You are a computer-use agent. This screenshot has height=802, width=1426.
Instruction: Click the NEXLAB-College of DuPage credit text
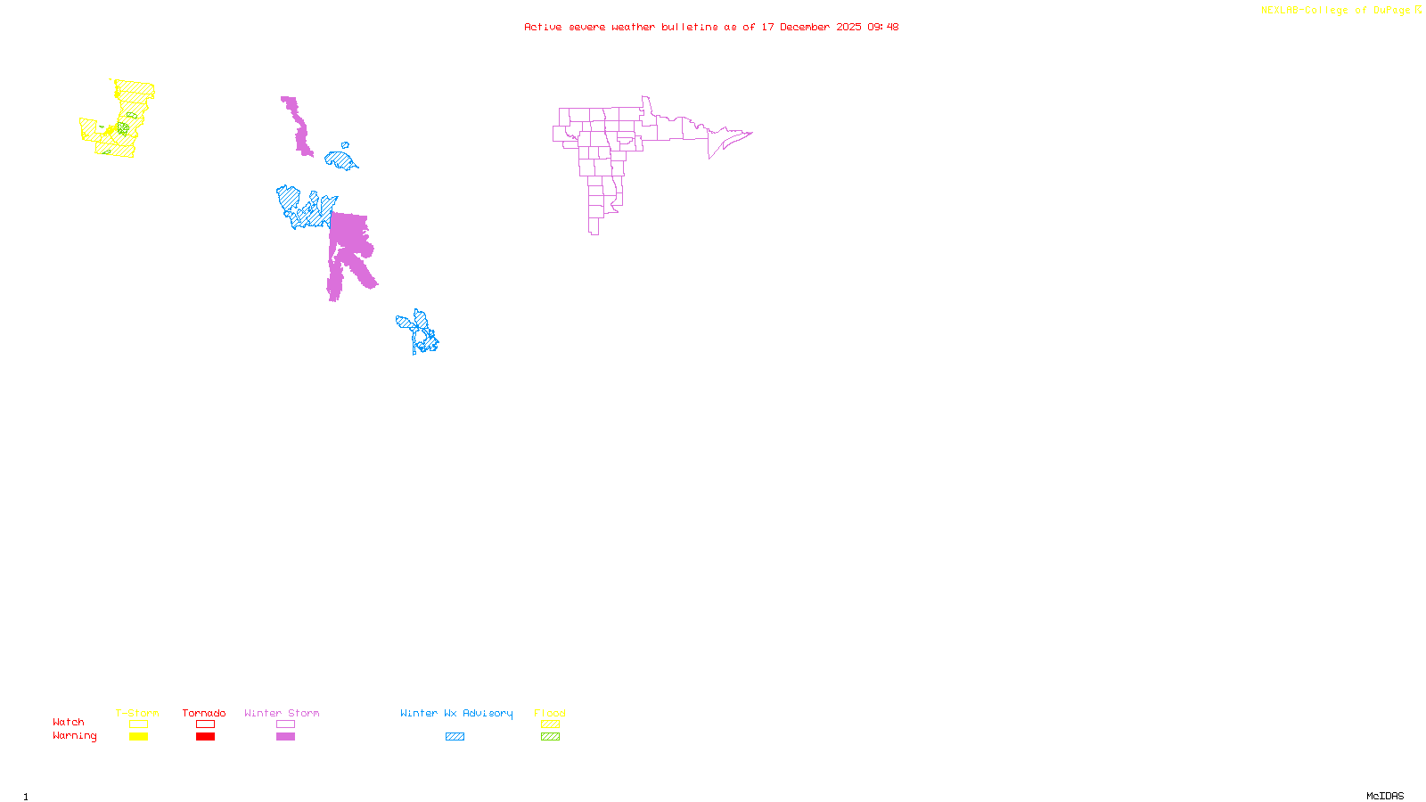coord(1335,11)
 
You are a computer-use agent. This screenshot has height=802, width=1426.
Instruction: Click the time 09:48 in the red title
coord(882,28)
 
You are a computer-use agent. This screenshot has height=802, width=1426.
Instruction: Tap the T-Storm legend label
coord(137,713)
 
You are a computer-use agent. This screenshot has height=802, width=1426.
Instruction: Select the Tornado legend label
coord(204,713)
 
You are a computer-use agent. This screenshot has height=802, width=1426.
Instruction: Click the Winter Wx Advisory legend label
coord(456,713)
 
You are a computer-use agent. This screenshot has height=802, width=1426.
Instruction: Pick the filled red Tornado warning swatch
coord(205,737)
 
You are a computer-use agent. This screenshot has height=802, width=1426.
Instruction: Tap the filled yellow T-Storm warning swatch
coord(138,737)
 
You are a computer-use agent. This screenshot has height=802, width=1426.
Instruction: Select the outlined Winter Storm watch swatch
coord(285,724)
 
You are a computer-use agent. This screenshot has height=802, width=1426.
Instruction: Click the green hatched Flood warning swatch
coord(551,737)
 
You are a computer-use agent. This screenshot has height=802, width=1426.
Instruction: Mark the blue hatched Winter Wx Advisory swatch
coord(455,737)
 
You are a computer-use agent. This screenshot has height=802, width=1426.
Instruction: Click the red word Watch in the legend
coord(69,723)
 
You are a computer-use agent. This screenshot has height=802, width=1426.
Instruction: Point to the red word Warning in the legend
coord(75,736)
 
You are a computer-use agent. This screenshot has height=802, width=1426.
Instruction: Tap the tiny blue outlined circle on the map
coord(345,145)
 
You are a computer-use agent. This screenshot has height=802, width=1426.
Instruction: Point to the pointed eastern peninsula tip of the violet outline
coord(751,133)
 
